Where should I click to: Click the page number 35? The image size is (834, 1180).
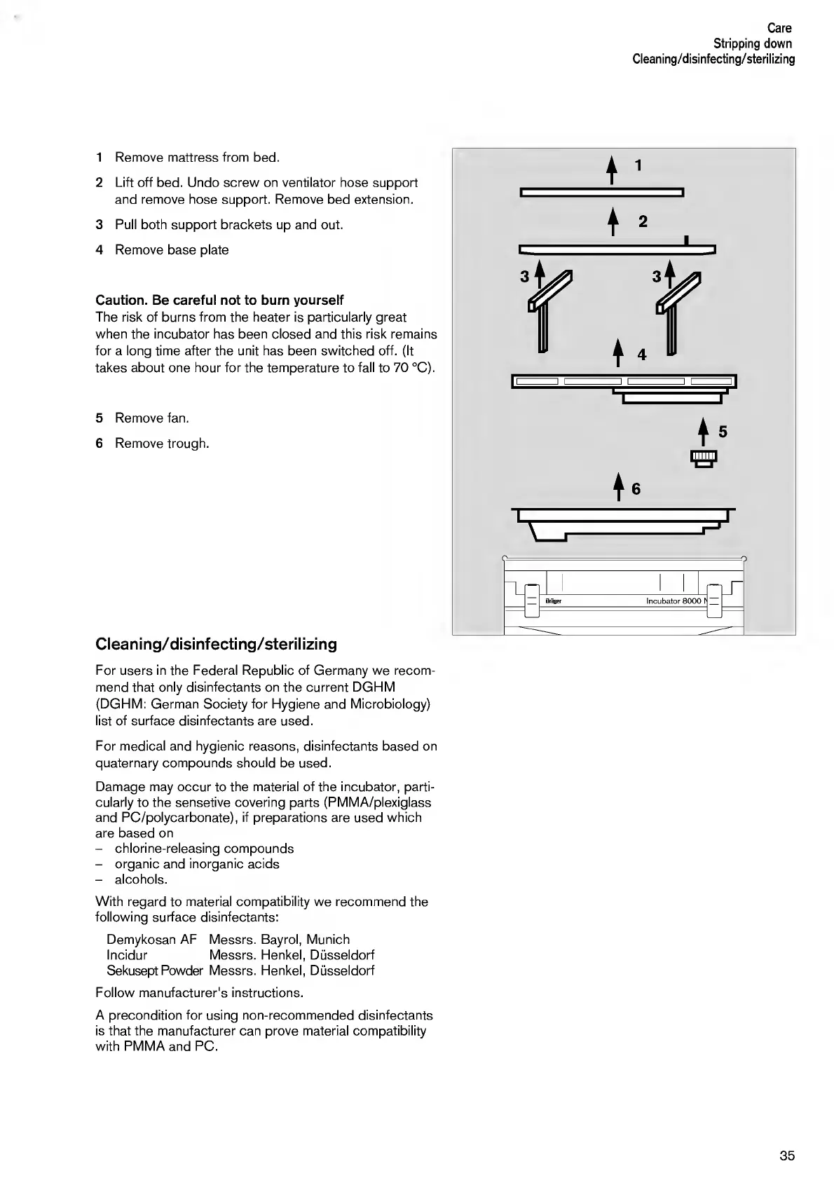point(787,1155)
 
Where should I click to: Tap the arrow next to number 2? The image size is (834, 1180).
point(613,221)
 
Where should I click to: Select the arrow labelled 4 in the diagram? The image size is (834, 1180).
point(617,352)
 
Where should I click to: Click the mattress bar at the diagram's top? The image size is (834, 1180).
point(602,193)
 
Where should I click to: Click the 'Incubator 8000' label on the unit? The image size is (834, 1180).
point(673,601)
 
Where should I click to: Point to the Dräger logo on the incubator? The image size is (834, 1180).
point(553,601)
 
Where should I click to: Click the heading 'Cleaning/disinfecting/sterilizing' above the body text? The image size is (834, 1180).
point(216,644)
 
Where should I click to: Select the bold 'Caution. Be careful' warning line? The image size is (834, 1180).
point(219,300)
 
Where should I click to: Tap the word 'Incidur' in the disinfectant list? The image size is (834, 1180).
point(127,955)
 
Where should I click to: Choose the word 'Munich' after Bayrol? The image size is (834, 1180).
point(328,940)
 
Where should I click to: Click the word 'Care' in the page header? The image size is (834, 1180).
point(779,28)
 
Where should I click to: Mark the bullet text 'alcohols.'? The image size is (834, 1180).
point(141,879)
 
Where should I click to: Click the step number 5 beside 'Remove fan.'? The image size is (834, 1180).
point(100,418)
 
